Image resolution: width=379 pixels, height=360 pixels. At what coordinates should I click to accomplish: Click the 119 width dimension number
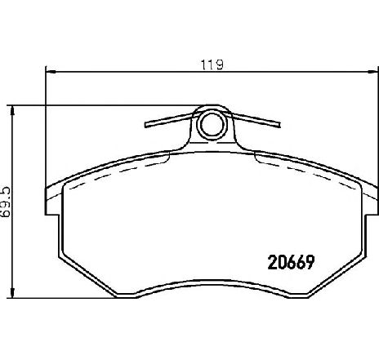click(212, 64)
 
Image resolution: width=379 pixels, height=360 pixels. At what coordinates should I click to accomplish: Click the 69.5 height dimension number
click(6, 202)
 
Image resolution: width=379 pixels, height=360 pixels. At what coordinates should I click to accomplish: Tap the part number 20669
click(292, 262)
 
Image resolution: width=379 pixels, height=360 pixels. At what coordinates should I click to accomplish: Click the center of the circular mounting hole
click(212, 124)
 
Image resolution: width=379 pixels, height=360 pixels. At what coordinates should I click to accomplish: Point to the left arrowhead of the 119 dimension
click(51, 72)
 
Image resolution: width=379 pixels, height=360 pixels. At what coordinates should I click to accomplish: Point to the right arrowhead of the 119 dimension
click(373, 72)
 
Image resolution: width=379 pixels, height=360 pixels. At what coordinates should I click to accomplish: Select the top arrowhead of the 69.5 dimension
click(12, 111)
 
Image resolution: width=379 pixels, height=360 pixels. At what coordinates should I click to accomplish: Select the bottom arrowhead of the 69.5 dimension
click(12, 292)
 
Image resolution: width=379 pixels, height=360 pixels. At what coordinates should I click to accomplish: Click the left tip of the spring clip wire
click(145, 125)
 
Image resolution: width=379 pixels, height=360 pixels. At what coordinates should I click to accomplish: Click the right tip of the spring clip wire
click(279, 125)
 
